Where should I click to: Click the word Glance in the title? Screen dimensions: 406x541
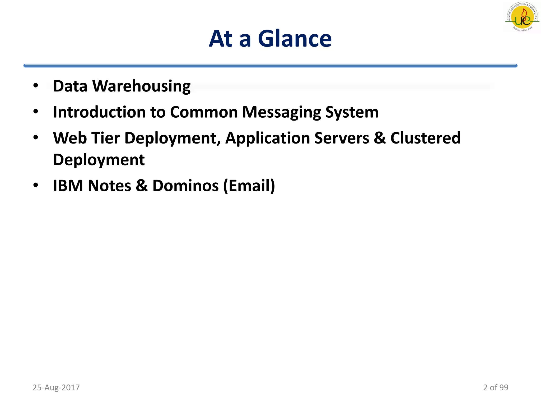295,39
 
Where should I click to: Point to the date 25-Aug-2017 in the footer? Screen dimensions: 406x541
56,387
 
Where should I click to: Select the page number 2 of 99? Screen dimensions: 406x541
496,387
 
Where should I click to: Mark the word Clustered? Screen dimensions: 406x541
425,138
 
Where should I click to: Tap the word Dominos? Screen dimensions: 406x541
185,186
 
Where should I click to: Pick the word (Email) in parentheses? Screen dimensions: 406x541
249,186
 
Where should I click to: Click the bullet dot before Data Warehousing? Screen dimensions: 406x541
36,86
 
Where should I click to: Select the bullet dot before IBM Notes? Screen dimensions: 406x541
36,185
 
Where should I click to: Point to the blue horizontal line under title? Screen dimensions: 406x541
270,66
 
